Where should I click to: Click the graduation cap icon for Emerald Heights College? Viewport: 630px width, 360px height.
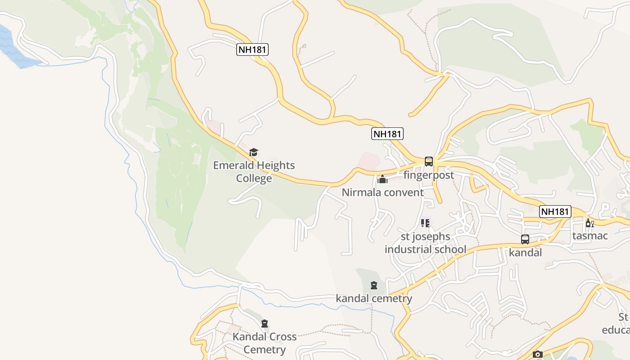[254, 153]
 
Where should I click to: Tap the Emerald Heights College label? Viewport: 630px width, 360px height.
[254, 172]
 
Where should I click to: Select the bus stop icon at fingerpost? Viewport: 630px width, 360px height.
[429, 162]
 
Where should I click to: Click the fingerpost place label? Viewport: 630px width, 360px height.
[428, 175]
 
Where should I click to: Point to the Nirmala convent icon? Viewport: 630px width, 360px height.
[382, 180]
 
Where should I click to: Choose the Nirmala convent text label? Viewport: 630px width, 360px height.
[382, 193]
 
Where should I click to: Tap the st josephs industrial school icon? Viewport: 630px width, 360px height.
[425, 223]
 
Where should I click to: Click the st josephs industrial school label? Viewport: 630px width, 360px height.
[425, 243]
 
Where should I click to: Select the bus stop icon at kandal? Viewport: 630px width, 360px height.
[525, 239]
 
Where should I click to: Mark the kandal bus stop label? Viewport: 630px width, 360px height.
[525, 252]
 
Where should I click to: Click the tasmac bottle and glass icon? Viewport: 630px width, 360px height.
[589, 223]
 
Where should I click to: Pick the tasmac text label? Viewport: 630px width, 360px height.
[590, 236]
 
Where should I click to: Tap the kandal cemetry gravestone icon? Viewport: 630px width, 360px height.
[374, 285]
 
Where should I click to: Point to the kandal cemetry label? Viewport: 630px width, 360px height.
[374, 298]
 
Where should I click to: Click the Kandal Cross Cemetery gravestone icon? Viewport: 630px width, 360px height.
[265, 324]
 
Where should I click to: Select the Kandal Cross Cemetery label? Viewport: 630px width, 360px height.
[265, 343]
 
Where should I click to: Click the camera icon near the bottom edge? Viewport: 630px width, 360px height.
[537, 355]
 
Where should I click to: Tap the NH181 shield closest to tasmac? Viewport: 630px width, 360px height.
[555, 211]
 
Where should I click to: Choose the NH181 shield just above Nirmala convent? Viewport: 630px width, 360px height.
[387, 134]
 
